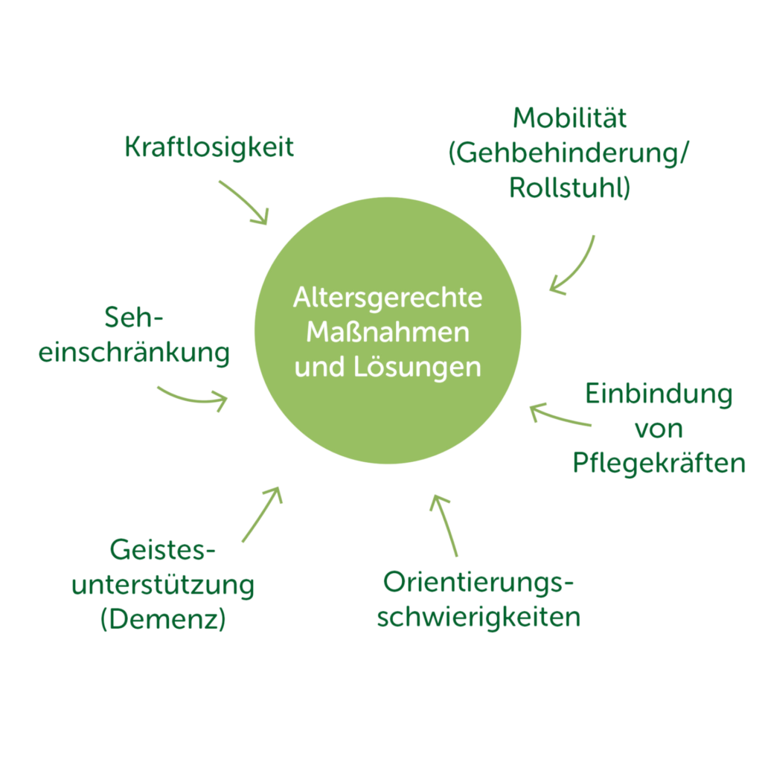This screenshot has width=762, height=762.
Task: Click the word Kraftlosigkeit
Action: click(x=209, y=147)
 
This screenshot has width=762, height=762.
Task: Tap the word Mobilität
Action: click(x=570, y=118)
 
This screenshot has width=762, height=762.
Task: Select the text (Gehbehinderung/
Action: click(x=569, y=153)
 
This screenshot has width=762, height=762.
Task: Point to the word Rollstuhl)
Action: click(x=570, y=188)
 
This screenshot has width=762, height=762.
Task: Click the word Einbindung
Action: click(x=659, y=394)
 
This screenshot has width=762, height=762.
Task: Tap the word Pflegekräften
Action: click(x=659, y=463)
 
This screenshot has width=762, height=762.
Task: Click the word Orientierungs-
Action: click(x=479, y=583)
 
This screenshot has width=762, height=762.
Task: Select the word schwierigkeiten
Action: click(x=479, y=617)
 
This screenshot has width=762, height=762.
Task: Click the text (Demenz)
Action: click(x=163, y=619)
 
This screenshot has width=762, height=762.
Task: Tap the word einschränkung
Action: click(x=134, y=353)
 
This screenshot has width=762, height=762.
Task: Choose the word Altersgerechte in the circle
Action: click(x=388, y=298)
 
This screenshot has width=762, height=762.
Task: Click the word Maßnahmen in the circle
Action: click(x=388, y=332)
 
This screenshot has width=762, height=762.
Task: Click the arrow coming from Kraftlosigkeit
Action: click(x=243, y=201)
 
